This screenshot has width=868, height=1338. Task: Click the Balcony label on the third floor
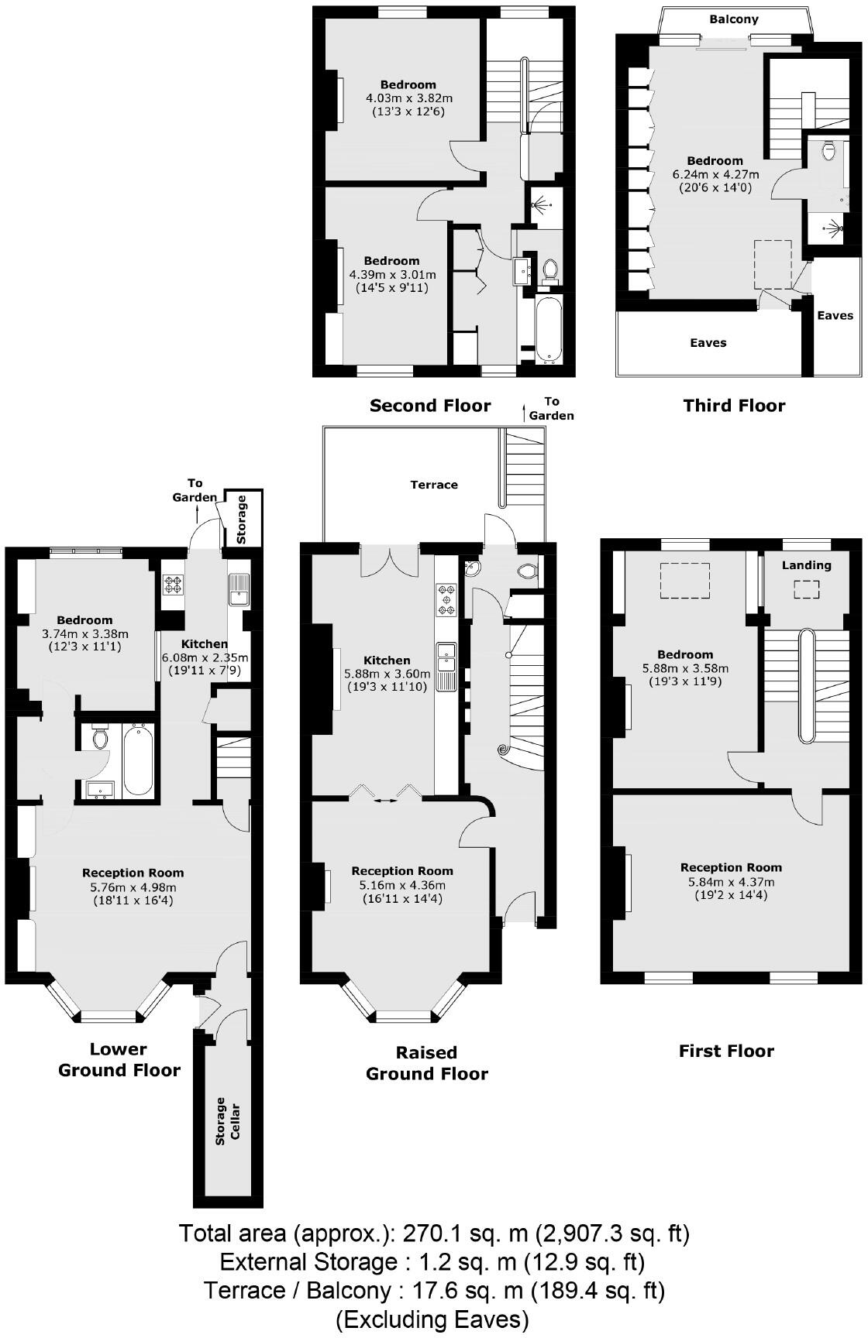(734, 19)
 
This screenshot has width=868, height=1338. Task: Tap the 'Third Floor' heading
(734, 406)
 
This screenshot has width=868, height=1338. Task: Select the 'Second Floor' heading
(430, 406)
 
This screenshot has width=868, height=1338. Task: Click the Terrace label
(434, 485)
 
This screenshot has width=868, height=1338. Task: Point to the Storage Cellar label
(228, 1120)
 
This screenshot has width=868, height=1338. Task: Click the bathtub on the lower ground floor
(138, 760)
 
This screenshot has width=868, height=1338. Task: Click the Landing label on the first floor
(806, 565)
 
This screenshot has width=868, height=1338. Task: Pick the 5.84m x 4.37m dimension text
(730, 882)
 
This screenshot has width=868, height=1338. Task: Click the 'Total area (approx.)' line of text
(434, 1233)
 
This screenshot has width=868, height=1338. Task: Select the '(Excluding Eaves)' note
(432, 1319)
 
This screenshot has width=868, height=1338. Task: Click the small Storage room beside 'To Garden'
(242, 518)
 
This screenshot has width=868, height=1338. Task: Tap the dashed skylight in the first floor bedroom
(684, 580)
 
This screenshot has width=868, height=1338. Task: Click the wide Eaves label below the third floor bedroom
(708, 342)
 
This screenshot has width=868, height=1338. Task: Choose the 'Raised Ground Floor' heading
(427, 1063)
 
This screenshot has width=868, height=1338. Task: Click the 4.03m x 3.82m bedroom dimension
(408, 98)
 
